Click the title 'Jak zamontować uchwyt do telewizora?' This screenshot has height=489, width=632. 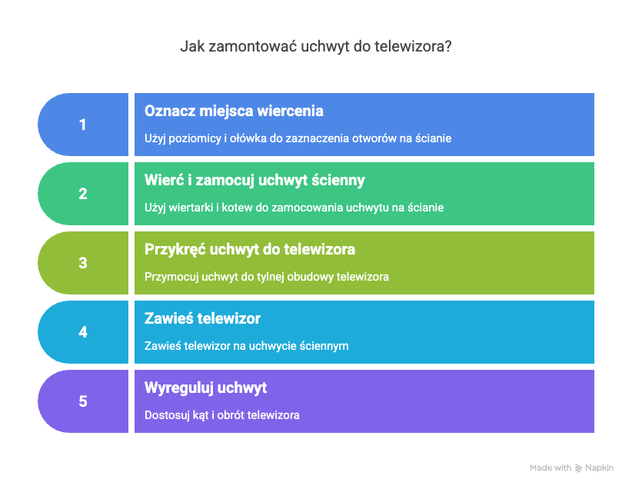coord(315,46)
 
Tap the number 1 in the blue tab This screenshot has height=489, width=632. coord(82,125)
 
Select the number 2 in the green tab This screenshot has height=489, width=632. coord(82,194)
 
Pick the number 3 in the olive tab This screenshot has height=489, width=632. coord(82,263)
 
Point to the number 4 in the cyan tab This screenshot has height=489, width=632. coord(82,332)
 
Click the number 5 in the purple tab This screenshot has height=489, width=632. coord(82,401)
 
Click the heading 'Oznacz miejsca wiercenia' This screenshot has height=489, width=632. coord(234,111)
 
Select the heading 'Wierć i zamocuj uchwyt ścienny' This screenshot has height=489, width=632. coord(254,180)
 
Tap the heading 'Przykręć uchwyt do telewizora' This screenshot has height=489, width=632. coord(250,250)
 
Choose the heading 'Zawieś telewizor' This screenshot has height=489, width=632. coord(202,318)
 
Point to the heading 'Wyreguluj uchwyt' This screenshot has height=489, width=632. coord(205,388)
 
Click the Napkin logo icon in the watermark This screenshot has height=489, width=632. coord(578,468)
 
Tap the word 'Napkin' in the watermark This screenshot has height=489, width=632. coord(600,468)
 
